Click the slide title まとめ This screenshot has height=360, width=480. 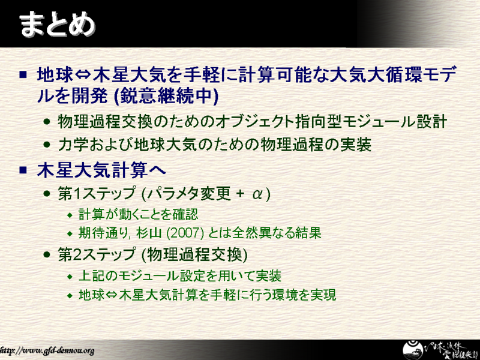click(x=57, y=24)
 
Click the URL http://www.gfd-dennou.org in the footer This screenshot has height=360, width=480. click(x=47, y=350)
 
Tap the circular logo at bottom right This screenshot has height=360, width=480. click(x=412, y=350)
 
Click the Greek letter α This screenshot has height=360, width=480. click(x=258, y=194)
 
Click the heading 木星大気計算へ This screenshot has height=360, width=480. click(x=101, y=170)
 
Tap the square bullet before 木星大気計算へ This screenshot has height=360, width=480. click(x=23, y=170)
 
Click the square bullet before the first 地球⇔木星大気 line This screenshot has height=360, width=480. click(x=23, y=74)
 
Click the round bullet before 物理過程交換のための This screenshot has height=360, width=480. click(x=47, y=122)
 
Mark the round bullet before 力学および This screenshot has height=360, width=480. click(x=47, y=144)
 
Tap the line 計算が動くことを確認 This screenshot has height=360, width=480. click(x=139, y=214)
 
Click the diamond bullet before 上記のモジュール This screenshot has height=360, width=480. click(x=70, y=277)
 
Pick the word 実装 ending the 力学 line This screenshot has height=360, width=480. click(x=356, y=145)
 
